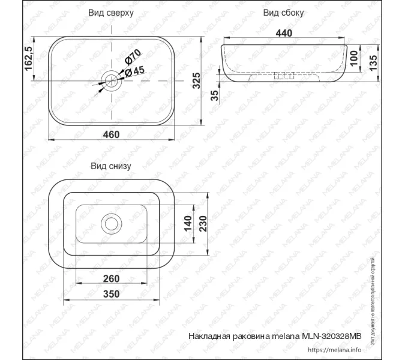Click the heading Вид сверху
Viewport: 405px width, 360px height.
click(x=111, y=12)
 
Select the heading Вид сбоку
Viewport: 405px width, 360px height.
click(x=284, y=12)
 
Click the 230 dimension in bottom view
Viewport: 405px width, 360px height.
click(x=203, y=224)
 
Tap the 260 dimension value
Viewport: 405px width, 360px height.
click(x=112, y=278)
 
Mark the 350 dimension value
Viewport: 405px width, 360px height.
click(x=112, y=293)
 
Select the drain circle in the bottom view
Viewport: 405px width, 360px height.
click(x=111, y=223)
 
